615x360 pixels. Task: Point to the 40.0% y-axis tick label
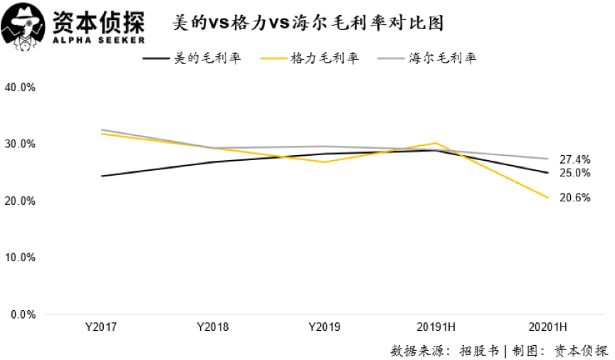pyautogui.click(x=20, y=88)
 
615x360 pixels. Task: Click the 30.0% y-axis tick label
pyautogui.click(x=20, y=144)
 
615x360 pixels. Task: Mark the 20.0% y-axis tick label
pyautogui.click(x=20, y=201)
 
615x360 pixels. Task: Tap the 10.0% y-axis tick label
pyautogui.click(x=20, y=258)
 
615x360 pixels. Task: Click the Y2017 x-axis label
pyautogui.click(x=100, y=327)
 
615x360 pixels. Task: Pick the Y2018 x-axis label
pyautogui.click(x=212, y=327)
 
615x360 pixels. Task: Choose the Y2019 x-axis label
pyautogui.click(x=324, y=327)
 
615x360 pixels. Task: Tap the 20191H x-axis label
pyautogui.click(x=436, y=327)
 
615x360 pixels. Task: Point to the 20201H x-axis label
pyautogui.click(x=547, y=327)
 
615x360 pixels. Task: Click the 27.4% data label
pyautogui.click(x=575, y=159)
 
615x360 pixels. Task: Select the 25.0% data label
pyautogui.click(x=575, y=173)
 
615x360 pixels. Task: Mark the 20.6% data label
pyautogui.click(x=575, y=198)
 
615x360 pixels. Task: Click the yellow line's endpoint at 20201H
pyautogui.click(x=547, y=197)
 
